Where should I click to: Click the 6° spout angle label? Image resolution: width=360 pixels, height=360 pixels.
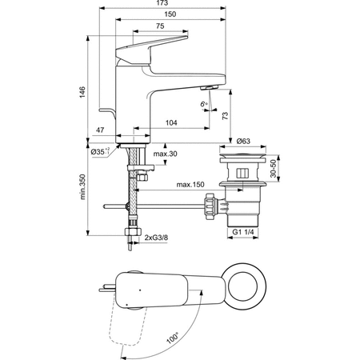(x=203, y=103)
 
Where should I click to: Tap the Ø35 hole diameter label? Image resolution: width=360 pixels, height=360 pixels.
(x=99, y=150)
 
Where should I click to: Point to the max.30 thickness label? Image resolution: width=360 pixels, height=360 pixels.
(x=165, y=154)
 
